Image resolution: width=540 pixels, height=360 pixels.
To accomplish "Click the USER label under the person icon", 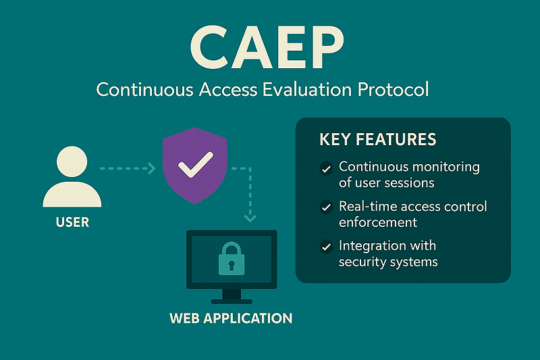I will pos(72,221).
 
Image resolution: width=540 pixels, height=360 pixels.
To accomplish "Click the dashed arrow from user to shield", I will pos(127,167).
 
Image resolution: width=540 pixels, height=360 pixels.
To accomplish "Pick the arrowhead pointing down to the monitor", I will pos(250,217).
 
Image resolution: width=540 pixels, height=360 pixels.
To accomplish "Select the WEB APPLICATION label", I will pos(231,318).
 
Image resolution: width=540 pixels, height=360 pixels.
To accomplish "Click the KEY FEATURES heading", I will pos(377,140).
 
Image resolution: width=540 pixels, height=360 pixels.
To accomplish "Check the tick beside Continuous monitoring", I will pos(327,168).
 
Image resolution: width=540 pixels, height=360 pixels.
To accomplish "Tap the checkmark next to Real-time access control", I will pos(327,207).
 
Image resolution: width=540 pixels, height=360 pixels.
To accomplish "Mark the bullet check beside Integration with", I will pos(327,247).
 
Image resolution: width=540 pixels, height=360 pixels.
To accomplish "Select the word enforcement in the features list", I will pos(378,222).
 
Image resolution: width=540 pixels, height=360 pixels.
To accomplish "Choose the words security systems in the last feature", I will pos(388,261).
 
